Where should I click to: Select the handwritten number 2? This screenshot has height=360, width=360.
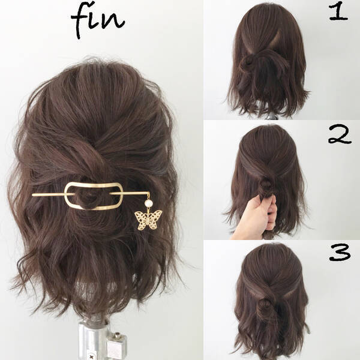[340, 135]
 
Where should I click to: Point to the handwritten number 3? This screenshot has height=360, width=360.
[340, 253]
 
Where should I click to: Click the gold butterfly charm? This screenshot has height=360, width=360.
[148, 220]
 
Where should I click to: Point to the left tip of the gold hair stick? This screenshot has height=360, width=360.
[32, 195]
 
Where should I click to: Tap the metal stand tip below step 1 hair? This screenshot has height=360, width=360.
[272, 117]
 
